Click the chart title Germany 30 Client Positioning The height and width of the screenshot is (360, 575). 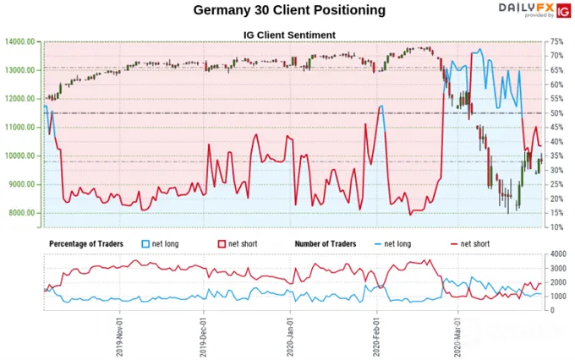pyautogui.click(x=289, y=10)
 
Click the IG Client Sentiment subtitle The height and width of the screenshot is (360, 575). pyautogui.click(x=289, y=35)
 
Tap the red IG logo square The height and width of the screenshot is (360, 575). pyautogui.click(x=564, y=11)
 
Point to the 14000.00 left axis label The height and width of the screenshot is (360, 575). pyautogui.click(x=20, y=41)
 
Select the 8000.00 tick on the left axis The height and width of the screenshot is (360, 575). pyautogui.click(x=20, y=213)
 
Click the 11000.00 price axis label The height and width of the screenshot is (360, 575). pyautogui.click(x=20, y=128)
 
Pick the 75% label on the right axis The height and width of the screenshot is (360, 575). pyautogui.click(x=556, y=41)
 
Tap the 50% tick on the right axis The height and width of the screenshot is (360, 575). pyautogui.click(x=556, y=113)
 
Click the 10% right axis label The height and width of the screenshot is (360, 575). pyautogui.click(x=556, y=227)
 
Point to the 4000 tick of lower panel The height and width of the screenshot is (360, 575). pyautogui.click(x=558, y=254)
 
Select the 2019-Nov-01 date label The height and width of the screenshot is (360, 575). pyautogui.click(x=119, y=337)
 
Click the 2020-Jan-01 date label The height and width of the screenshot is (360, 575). pyautogui.click(x=290, y=337)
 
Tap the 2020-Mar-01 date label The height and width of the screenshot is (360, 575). pyautogui.click(x=457, y=337)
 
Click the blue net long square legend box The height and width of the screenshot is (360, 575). pyautogui.click(x=145, y=243)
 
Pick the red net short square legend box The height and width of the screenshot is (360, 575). pyautogui.click(x=222, y=243)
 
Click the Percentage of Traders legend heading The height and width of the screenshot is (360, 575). pyautogui.click(x=86, y=243)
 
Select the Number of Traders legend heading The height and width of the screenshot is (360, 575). pyautogui.click(x=326, y=243)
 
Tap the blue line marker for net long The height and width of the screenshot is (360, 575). pyautogui.click(x=378, y=243)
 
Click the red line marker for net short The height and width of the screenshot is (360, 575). pyautogui.click(x=454, y=243)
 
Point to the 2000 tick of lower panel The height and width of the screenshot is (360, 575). pyautogui.click(x=558, y=282)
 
